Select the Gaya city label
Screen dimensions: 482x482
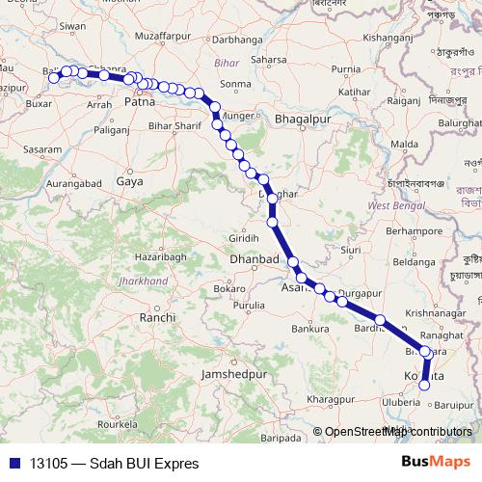click(128, 180)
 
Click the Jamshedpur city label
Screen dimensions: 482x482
click(228, 372)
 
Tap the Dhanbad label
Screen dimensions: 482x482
click(254, 260)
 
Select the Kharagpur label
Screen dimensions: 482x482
click(308, 397)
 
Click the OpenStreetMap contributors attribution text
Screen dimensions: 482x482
click(398, 432)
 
